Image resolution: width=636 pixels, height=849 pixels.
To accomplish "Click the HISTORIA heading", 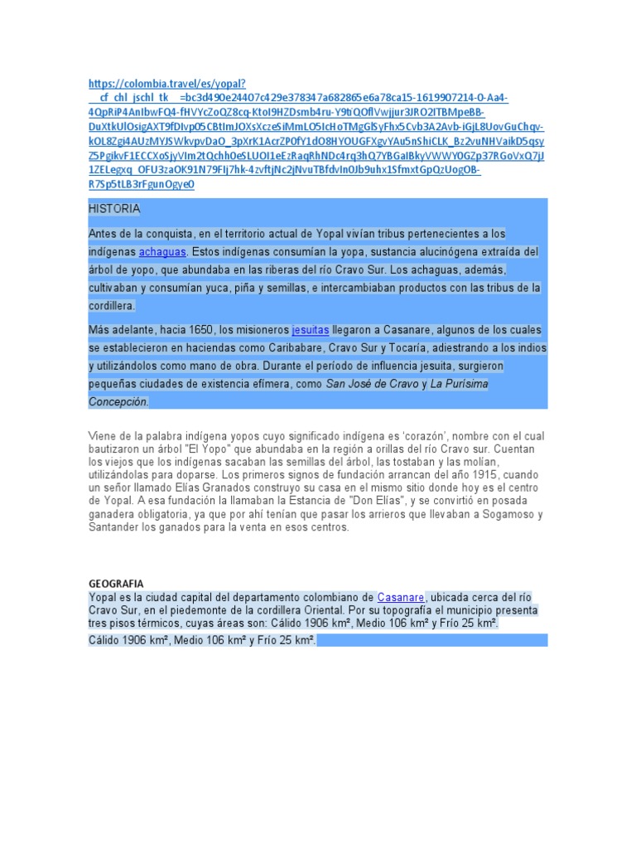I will click(x=114, y=208).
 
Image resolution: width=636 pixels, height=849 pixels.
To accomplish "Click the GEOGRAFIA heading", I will click(x=116, y=584).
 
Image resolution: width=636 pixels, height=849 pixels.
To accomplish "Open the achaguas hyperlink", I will click(x=162, y=251).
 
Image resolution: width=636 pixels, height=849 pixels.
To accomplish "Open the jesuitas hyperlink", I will click(x=310, y=329).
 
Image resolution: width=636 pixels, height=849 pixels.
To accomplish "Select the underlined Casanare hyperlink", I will click(x=402, y=597).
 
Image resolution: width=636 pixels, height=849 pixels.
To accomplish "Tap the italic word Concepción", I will click(x=118, y=402).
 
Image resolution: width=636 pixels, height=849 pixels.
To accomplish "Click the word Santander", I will click(x=115, y=527).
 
